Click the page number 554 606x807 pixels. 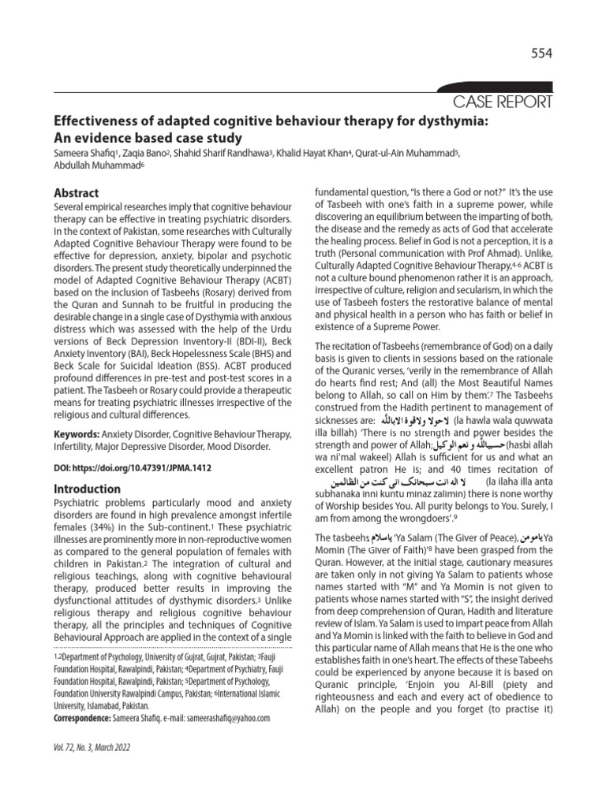point(541,54)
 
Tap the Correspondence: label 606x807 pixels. point(87,719)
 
